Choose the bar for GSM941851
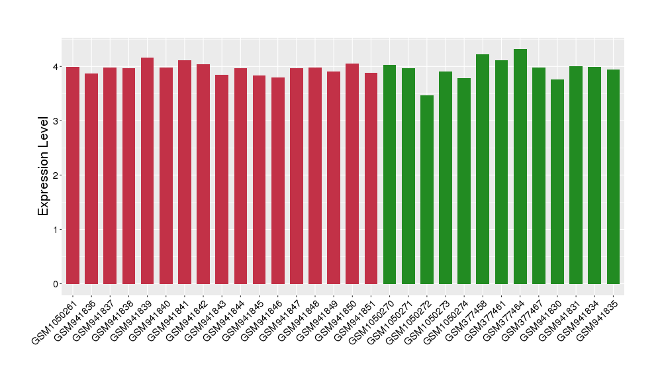371,179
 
